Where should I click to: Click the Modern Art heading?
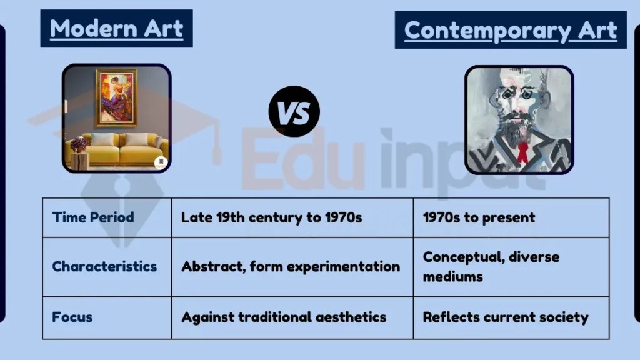coord(116,29)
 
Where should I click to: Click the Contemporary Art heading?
coord(511,30)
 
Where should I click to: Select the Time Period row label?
coord(93,217)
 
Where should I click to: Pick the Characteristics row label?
coord(104,266)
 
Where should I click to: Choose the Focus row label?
coord(72,316)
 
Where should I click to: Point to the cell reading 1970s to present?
coord(479,217)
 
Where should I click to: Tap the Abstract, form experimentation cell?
coord(291,266)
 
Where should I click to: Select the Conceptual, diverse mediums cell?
coord(491,266)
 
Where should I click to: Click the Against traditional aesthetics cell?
coord(284,317)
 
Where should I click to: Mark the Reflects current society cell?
coord(506,317)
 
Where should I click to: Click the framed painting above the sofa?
coord(116,97)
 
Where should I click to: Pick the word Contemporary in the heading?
coord(487,30)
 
